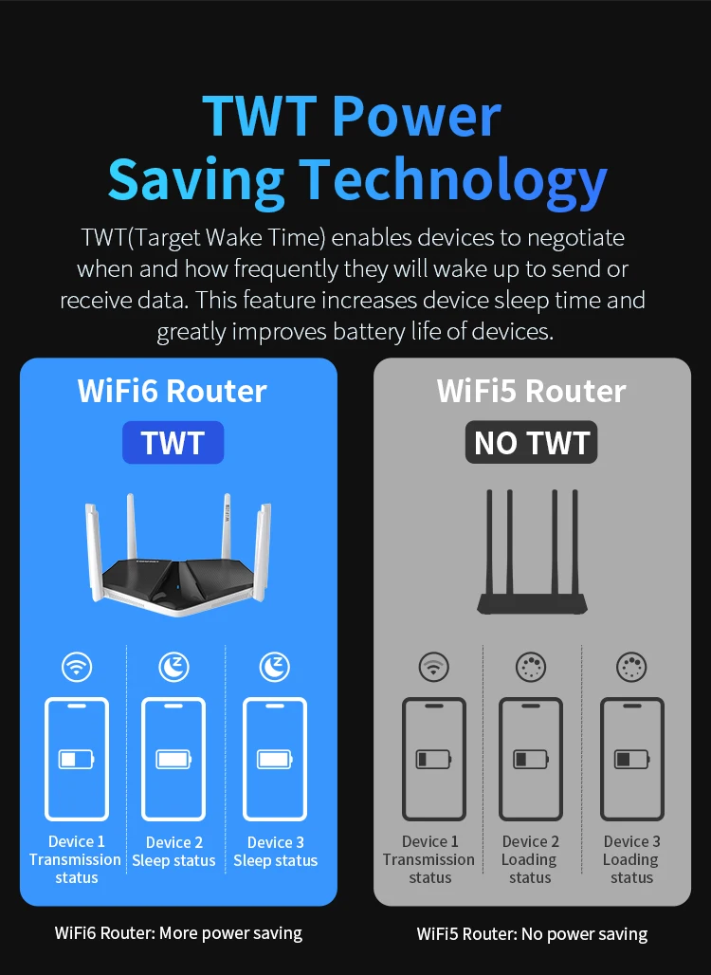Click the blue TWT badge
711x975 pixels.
[173, 443]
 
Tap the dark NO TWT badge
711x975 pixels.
[531, 443]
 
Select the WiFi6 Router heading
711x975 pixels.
[173, 391]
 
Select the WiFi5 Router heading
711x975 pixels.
[531, 391]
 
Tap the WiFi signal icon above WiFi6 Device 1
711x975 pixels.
[77, 667]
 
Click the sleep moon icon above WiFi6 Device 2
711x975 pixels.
[173, 667]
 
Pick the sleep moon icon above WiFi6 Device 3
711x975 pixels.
[274, 667]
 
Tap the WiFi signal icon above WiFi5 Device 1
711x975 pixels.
[434, 667]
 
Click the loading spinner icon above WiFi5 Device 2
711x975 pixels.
[531, 667]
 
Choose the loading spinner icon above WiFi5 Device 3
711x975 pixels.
[631, 667]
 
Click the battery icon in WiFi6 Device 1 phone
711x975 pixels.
[76, 759]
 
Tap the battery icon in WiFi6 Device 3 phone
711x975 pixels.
[274, 759]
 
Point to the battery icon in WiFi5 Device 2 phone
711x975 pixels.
[530, 759]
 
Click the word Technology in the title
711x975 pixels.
[453, 178]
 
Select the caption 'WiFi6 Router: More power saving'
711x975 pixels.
[178, 933]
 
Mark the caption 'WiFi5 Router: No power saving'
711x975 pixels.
[532, 934]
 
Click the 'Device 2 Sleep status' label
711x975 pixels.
[173, 852]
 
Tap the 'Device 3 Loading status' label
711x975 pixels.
[631, 859]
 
